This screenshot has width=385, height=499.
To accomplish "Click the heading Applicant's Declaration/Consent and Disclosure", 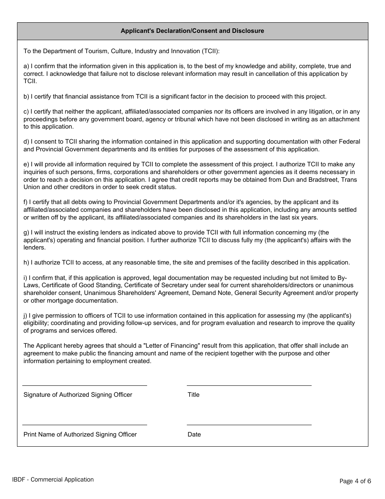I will click(x=192, y=31).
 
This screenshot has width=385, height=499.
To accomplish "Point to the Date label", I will click(x=194, y=434).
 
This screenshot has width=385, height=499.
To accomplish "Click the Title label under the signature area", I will click(x=193, y=395).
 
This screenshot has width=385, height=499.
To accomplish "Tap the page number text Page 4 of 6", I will click(x=355, y=481).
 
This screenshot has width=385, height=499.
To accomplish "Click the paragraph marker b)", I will click(x=27, y=97).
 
